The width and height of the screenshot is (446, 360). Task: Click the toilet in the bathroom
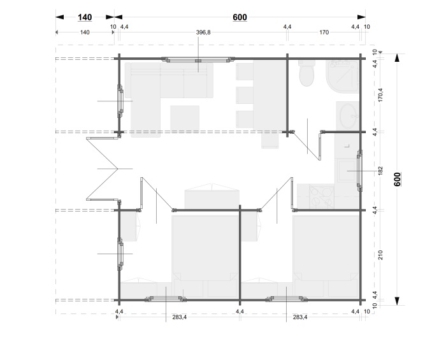tap(306, 73)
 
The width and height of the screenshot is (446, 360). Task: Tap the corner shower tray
tap(342, 76)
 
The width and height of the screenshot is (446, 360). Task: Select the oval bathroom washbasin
tap(347, 116)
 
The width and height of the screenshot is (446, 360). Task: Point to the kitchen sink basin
tap(346, 171)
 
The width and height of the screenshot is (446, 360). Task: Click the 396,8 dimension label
tap(203, 32)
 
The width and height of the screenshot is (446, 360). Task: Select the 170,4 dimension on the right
tap(381, 95)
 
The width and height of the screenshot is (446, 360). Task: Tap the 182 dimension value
tap(381, 171)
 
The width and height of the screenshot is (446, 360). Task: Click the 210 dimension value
tap(381, 255)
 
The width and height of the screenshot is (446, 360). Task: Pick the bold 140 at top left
tap(85, 17)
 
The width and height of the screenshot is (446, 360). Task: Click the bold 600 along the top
tap(240, 17)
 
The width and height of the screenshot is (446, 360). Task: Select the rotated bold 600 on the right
tap(398, 179)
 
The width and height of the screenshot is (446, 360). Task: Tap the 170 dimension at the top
tap(324, 32)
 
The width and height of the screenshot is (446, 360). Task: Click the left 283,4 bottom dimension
tap(180, 317)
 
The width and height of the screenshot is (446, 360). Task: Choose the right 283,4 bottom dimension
tap(300, 317)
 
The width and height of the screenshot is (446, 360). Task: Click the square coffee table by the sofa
tap(185, 119)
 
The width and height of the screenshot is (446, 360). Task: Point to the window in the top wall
tap(198, 60)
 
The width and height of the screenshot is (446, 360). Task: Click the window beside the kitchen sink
tap(360, 171)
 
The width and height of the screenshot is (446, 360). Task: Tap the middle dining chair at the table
tap(245, 95)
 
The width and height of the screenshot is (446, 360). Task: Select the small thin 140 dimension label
tap(85, 32)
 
